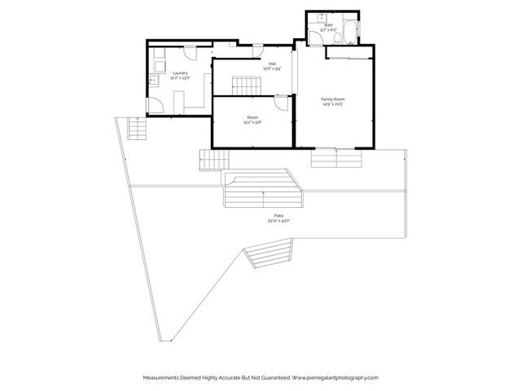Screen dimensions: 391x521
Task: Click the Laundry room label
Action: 180,72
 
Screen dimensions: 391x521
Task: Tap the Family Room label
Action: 333,99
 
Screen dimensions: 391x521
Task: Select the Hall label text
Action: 272,64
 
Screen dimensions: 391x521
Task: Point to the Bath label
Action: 328,25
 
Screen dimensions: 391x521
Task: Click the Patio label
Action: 278,215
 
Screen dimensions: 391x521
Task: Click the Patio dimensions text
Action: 278,221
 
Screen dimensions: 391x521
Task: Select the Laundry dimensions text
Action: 180,78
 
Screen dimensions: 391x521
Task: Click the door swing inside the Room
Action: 281,103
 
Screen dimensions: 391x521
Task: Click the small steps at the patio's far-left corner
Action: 138,129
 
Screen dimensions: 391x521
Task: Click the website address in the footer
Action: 335,377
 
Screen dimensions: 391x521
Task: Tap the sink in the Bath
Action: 322,16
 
